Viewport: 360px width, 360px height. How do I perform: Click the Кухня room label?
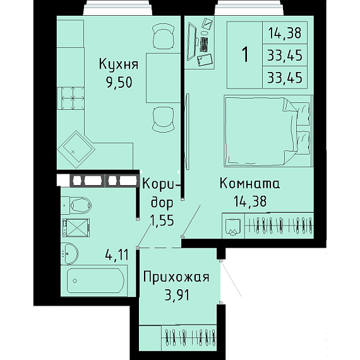click(x=119, y=64)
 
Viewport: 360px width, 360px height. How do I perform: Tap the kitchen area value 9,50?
click(x=119, y=83)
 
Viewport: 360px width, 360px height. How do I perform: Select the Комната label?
click(x=250, y=183)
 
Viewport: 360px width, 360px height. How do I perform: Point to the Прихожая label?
click(x=176, y=277)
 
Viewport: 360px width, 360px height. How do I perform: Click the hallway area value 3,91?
click(x=177, y=295)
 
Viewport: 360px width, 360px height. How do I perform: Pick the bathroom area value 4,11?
click(x=117, y=255)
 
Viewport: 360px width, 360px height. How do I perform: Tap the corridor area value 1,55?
click(x=162, y=220)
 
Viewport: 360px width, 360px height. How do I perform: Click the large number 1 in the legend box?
click(x=245, y=54)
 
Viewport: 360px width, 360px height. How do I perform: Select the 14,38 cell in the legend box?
click(x=285, y=33)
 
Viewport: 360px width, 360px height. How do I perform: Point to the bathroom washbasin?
click(x=70, y=253)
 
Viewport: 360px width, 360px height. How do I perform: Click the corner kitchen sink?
click(x=76, y=150)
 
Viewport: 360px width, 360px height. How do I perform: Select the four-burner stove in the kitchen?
click(x=71, y=99)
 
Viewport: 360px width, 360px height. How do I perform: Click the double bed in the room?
click(x=268, y=131)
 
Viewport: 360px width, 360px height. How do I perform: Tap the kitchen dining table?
click(x=163, y=78)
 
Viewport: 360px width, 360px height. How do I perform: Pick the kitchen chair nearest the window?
click(x=163, y=37)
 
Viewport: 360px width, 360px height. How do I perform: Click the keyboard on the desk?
click(x=204, y=44)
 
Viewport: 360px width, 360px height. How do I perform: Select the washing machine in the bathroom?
click(x=76, y=227)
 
